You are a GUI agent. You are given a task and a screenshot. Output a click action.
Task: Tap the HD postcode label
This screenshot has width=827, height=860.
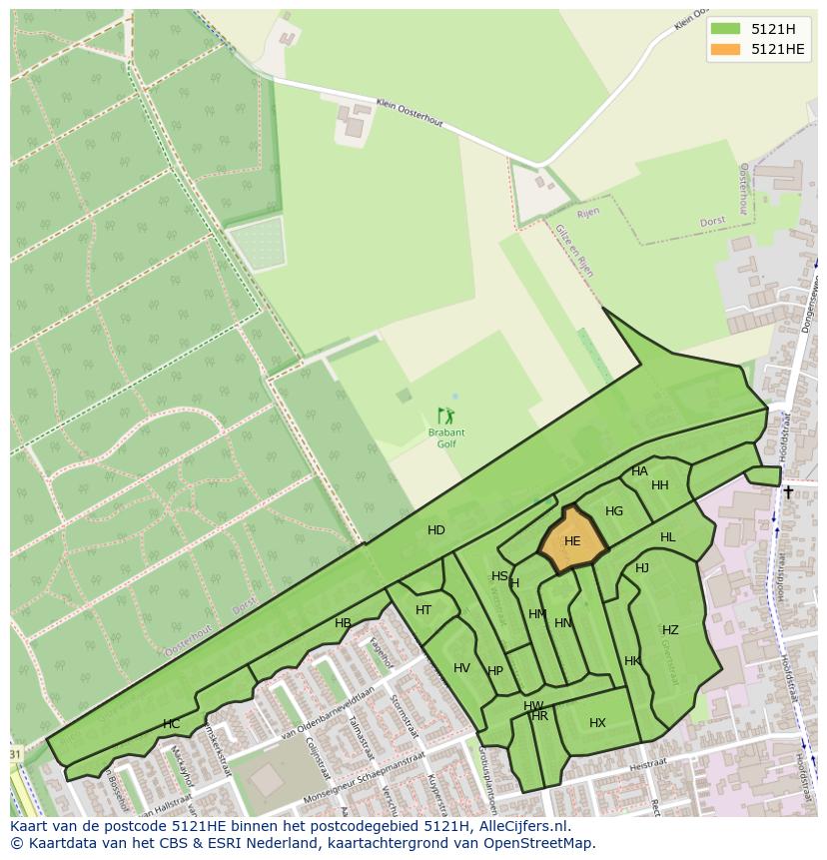tap(436, 530)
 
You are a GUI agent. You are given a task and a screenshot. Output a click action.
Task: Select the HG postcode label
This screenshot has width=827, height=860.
tap(614, 511)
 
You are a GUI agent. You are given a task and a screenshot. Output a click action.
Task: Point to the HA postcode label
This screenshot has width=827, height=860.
tap(639, 471)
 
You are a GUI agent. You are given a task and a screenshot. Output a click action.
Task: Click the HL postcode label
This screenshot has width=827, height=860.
tap(667, 537)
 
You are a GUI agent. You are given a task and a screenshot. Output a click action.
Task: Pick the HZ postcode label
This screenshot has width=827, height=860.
tap(670, 630)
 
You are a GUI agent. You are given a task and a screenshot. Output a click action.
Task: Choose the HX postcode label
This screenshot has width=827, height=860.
tap(597, 723)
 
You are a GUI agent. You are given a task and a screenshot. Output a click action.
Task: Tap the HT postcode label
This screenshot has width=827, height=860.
tap(423, 610)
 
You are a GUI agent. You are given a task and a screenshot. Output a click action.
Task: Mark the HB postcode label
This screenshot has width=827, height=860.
tap(343, 623)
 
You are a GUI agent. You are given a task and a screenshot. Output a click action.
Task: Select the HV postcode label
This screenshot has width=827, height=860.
tap(461, 668)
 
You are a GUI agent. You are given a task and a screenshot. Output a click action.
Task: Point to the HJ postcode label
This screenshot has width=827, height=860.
tap(642, 568)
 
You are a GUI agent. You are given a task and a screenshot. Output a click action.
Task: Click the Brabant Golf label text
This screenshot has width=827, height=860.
tap(446, 437)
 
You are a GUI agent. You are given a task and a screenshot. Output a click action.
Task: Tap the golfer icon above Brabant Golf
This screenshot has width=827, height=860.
tap(445, 415)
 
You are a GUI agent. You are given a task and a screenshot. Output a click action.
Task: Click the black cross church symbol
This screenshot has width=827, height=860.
tap(788, 491)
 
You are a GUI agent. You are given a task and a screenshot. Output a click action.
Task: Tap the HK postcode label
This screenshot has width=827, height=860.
tap(632, 661)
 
